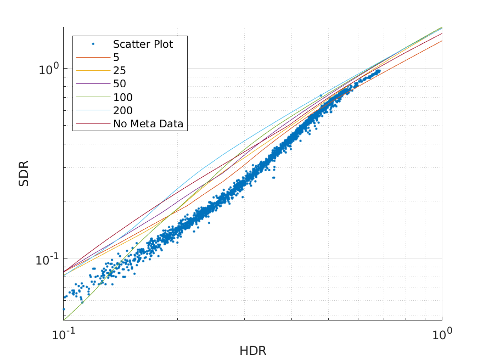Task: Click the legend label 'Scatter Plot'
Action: coord(143,44)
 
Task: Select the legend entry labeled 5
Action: coord(116,58)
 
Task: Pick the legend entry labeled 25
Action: coord(119,71)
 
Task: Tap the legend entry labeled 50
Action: coord(119,84)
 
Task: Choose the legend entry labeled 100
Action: coord(122,98)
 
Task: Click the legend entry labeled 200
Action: coord(122,111)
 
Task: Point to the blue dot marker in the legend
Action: coord(93,44)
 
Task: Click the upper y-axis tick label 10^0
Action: coord(48,69)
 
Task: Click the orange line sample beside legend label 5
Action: coord(93,58)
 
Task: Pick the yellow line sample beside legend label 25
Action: coord(93,71)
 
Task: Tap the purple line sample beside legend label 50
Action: coord(93,84)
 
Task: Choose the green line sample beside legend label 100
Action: coord(93,98)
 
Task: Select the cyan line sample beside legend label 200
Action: coord(93,111)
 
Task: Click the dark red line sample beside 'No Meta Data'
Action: coord(93,124)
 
